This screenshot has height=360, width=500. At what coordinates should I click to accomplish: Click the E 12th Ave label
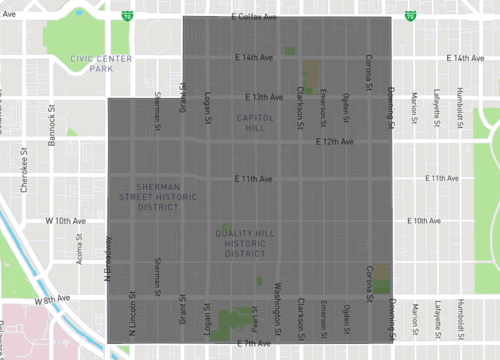pyautogui.click(x=334, y=141)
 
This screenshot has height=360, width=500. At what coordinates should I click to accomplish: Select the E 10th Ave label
pyautogui.click(x=434, y=220)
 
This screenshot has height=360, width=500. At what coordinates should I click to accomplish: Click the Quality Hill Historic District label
pyautogui.click(x=245, y=243)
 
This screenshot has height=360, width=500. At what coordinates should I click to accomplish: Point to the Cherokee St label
pyautogui.click(x=23, y=171)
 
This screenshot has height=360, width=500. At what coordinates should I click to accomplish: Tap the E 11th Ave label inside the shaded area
pyautogui.click(x=253, y=179)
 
